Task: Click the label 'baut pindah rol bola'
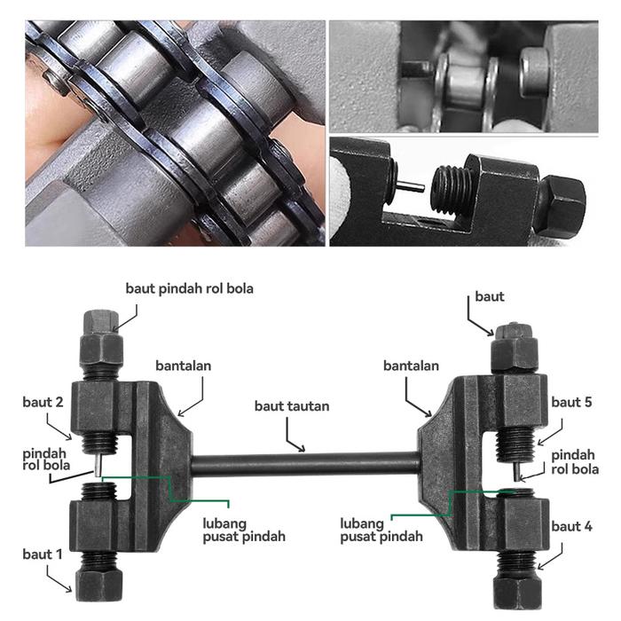[189, 288]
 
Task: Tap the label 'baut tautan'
[292, 406]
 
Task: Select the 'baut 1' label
[43, 554]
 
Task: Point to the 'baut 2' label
[43, 403]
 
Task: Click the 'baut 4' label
[571, 527]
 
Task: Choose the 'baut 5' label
[571, 403]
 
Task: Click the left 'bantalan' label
[184, 366]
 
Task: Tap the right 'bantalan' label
[411, 366]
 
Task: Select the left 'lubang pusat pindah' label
[244, 531]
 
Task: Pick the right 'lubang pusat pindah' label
[381, 531]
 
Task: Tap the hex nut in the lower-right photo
[559, 204]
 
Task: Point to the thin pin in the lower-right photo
[410, 185]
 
